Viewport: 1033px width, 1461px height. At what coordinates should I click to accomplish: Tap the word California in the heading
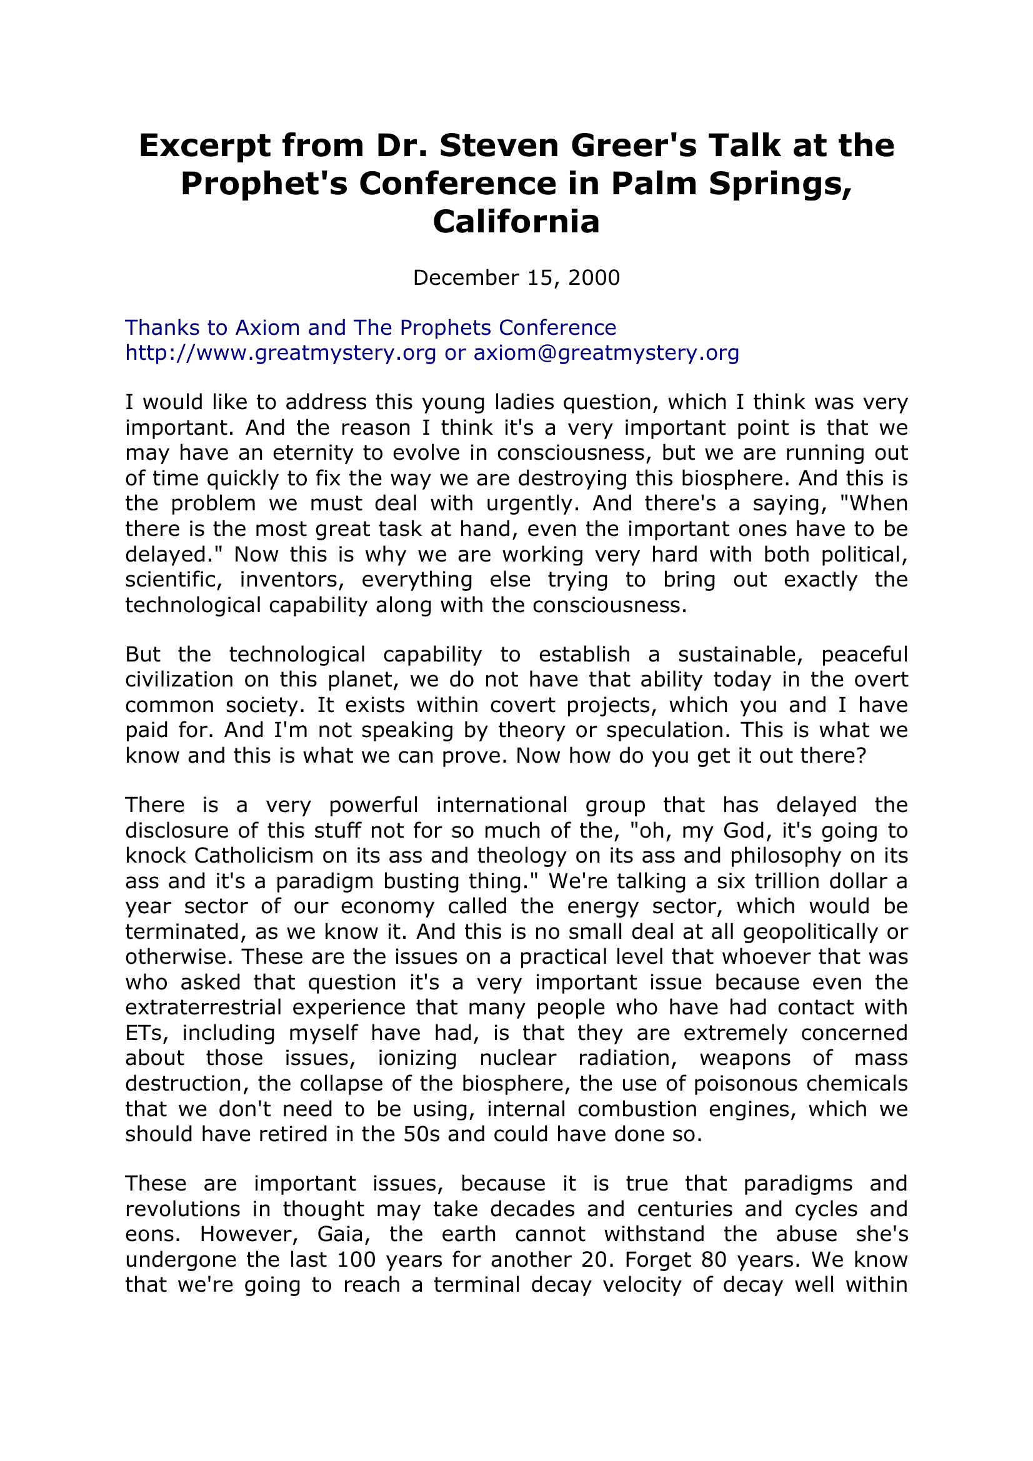pos(516,222)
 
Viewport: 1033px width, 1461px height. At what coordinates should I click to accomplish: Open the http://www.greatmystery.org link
pos(281,352)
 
